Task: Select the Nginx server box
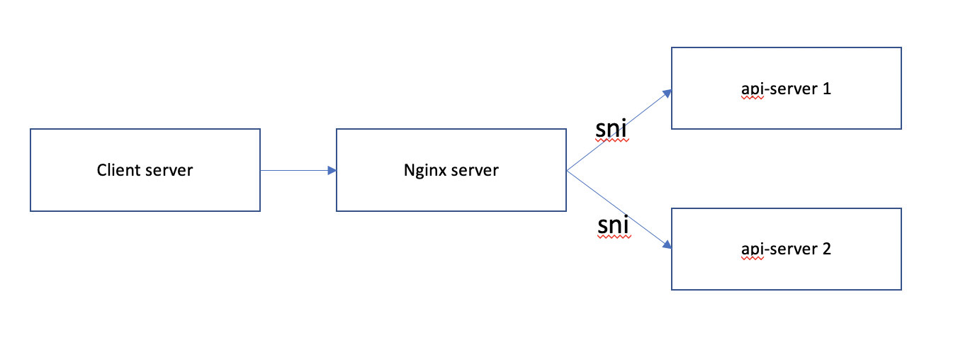pyautogui.click(x=451, y=191)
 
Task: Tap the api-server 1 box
pyautogui.click(x=786, y=113)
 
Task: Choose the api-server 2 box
pyautogui.click(x=786, y=273)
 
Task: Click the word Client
pyautogui.click(x=118, y=170)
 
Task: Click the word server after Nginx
pyautogui.click(x=474, y=170)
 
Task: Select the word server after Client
pyautogui.click(x=169, y=170)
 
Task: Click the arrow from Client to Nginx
pyautogui.click(x=294, y=170)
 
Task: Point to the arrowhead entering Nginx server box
pyautogui.click(x=331, y=170)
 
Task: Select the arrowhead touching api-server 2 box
pyautogui.click(x=666, y=245)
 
